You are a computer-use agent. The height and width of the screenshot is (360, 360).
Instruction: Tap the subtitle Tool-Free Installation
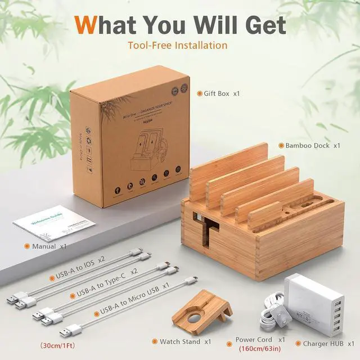point(178,45)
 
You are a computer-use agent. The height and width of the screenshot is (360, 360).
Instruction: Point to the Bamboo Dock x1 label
point(313,145)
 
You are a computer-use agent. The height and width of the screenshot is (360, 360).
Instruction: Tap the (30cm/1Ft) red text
point(59,344)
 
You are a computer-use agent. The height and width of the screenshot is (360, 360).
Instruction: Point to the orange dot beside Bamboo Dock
point(280,145)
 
